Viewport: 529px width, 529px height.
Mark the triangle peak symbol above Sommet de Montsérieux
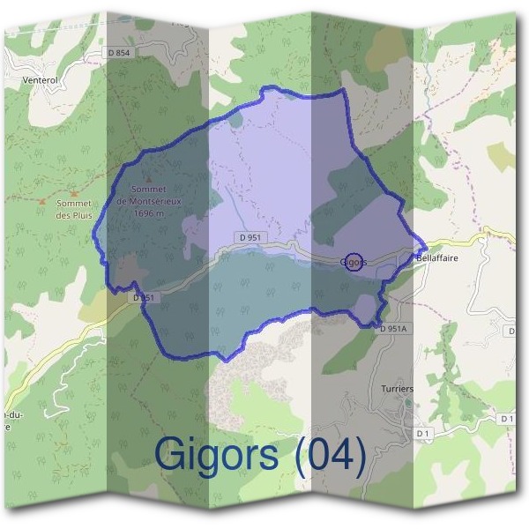tap(147, 178)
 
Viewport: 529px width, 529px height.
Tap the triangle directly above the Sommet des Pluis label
tap(74, 192)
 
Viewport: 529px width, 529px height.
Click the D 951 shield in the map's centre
tap(250, 237)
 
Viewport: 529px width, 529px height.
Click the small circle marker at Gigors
tap(354, 262)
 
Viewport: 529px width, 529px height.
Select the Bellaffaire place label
tap(437, 258)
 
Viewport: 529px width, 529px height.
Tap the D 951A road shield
tap(393, 328)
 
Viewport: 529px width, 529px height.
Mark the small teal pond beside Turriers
tap(408, 401)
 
